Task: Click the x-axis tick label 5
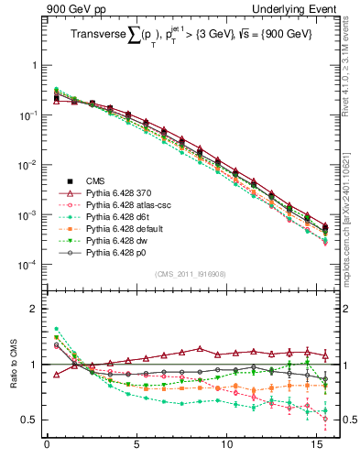(x=136, y=449)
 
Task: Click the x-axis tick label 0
(x=47, y=449)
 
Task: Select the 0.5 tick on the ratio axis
(x=30, y=420)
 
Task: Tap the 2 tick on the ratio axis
(x=35, y=309)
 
